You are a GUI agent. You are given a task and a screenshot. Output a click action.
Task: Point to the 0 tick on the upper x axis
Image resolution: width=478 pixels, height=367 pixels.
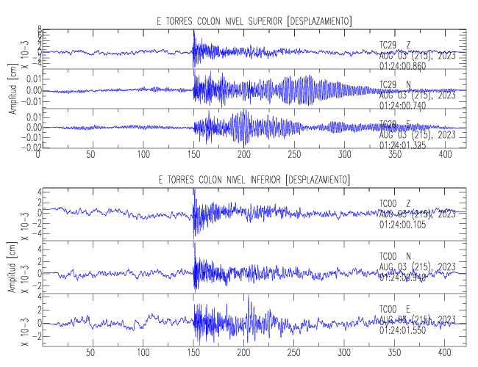click(x=38, y=156)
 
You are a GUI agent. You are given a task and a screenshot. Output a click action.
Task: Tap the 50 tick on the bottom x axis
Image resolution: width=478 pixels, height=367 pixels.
click(x=90, y=352)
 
